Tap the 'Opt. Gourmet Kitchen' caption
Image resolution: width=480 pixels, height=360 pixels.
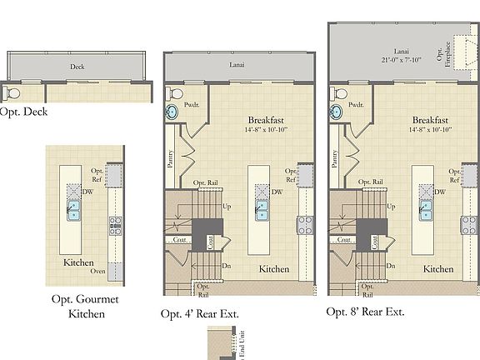point(87,307)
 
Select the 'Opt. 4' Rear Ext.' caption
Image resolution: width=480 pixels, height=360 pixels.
point(206,314)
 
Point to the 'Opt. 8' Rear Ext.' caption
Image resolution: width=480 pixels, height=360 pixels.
point(365,312)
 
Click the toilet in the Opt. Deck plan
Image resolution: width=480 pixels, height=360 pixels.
point(12,91)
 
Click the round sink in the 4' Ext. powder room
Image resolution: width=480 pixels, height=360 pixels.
point(172,113)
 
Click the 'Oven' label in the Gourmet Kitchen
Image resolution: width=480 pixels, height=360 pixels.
point(98,270)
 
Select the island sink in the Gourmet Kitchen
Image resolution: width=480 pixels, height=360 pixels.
point(73,213)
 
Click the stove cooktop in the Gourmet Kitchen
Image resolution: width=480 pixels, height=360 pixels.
point(115,223)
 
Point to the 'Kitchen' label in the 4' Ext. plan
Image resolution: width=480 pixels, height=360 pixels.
point(273,269)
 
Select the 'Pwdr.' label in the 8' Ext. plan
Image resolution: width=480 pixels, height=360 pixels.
point(357,105)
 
